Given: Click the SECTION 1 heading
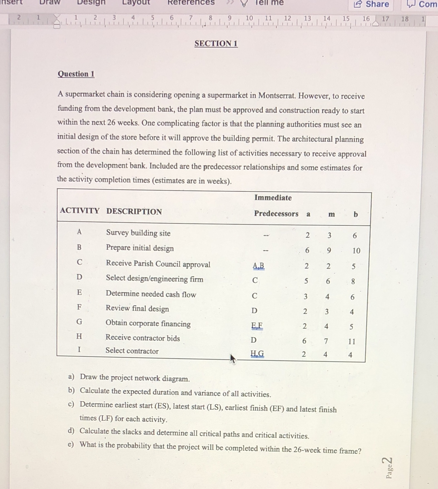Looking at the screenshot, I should (x=216, y=43).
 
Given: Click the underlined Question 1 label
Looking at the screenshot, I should (x=76, y=74).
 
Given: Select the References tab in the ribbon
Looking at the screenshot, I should (x=191, y=3).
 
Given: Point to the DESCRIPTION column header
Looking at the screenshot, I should (x=134, y=212).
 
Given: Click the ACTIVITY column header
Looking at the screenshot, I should (x=80, y=210).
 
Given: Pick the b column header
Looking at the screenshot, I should (x=356, y=214).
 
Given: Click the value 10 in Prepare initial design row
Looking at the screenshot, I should (x=356, y=251).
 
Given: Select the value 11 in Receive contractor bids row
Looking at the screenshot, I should (x=352, y=342).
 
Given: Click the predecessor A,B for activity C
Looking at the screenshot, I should (x=259, y=266).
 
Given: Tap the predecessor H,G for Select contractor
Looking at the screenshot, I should (x=257, y=354).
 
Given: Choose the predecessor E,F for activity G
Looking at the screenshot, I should (x=257, y=326).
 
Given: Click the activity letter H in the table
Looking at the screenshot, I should (x=79, y=336).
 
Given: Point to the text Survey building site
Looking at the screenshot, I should (x=138, y=233).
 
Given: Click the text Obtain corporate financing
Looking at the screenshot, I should (x=148, y=323).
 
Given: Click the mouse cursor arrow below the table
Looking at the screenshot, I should (x=233, y=359).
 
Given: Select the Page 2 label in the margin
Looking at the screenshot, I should (x=388, y=468).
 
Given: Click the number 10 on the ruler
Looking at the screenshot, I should (x=249, y=18).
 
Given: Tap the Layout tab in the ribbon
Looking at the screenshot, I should (x=136, y=3).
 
